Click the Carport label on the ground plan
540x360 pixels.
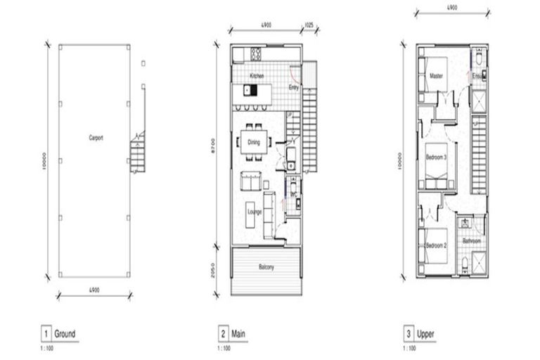pos(96,139)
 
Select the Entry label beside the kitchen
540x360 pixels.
pos(294,88)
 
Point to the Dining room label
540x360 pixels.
pos(254,142)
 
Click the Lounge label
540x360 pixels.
pos(254,209)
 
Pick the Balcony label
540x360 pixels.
pos(265,267)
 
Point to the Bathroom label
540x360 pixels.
pos(471,240)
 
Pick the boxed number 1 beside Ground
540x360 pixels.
pos(46,334)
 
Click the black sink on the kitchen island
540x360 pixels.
pos(247,89)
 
